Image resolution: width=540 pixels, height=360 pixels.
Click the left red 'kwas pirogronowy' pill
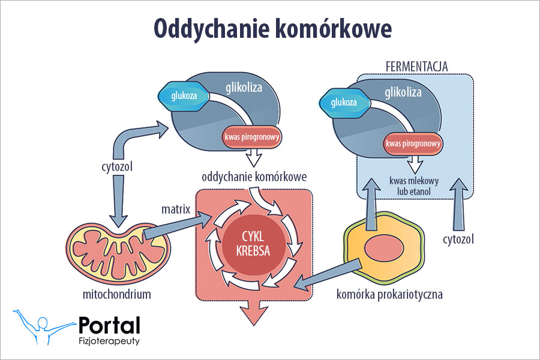click(x=252, y=137)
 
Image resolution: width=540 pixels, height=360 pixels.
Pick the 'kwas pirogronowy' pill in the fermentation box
click(x=413, y=143)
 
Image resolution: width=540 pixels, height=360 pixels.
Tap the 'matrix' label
click(x=175, y=209)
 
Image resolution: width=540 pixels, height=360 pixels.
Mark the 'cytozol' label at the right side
click(x=459, y=239)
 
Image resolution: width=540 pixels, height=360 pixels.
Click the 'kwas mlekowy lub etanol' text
click(x=415, y=185)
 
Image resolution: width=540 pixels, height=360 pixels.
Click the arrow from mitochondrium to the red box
click(x=180, y=228)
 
